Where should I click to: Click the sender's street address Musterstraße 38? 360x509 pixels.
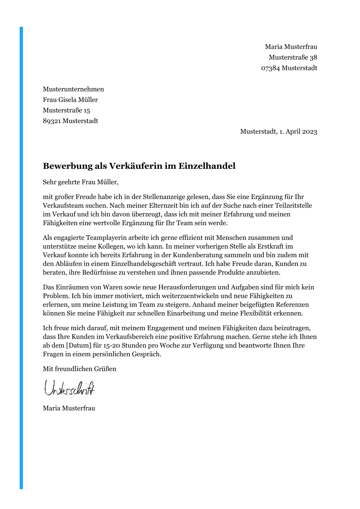coord(293,57)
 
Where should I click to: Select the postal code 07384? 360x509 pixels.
coord(270,68)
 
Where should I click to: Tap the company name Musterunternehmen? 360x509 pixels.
coord(73,89)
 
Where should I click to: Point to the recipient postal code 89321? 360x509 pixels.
coord(52,121)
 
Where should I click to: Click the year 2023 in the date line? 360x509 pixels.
coord(309,132)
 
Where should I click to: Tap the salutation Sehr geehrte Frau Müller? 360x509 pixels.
coord(80,182)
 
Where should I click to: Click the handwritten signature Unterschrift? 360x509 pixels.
coord(70,388)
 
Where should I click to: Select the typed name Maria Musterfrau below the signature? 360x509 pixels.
coord(69,408)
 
